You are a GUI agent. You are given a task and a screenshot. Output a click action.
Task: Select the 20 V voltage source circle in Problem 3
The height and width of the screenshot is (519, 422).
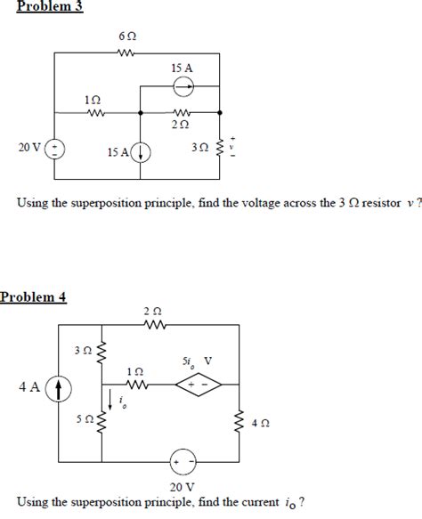55,148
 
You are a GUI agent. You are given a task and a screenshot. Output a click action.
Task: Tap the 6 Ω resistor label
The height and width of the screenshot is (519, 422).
126,39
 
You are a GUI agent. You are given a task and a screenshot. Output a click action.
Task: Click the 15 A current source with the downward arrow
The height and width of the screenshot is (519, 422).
142,153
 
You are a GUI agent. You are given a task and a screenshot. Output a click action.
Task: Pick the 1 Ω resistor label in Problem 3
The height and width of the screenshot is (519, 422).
91,101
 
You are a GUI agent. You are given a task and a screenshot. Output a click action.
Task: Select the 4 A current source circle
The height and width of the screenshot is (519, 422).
60,388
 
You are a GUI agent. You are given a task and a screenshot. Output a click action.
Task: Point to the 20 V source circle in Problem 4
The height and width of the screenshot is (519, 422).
183,463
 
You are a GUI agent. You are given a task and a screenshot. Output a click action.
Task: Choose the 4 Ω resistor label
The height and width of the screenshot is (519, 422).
260,425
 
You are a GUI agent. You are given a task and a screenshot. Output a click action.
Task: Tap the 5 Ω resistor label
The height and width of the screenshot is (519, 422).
84,418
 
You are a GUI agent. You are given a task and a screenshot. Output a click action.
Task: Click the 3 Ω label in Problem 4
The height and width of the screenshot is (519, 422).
84,351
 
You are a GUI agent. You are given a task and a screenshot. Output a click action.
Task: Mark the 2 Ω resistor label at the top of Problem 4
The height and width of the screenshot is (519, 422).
152,311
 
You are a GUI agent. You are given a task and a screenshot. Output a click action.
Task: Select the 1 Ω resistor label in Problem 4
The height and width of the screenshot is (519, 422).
134,369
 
